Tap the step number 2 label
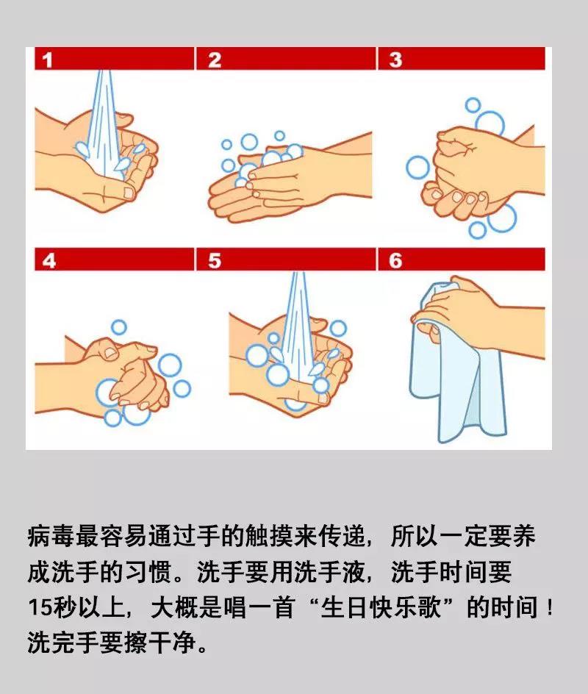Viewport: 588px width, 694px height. (x=214, y=60)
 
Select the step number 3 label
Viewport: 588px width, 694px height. (x=395, y=60)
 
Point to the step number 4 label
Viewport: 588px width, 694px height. (x=49, y=260)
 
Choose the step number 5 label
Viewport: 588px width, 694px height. (x=214, y=260)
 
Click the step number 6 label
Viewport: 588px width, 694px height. (x=395, y=260)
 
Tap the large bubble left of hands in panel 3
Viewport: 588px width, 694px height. (x=417, y=167)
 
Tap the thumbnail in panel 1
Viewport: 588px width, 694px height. (x=128, y=193)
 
